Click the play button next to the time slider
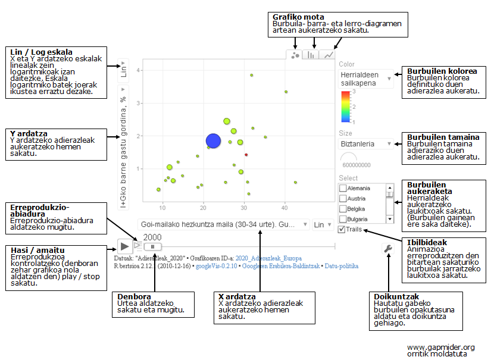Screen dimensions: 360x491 (124, 245)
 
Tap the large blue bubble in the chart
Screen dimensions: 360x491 (213, 140)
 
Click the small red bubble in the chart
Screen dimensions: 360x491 (246, 155)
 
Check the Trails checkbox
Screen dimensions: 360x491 (341, 229)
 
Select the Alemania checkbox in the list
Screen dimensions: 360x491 (342, 188)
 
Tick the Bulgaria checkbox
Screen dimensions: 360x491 (342, 219)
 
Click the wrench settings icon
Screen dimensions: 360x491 (389, 249)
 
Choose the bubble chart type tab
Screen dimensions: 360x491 (295, 55)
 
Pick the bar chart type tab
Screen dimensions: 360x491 (311, 55)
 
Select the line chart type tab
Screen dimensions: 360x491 (328, 55)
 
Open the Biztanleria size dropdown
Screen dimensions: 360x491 (365, 143)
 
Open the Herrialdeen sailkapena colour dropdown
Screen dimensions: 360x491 (365, 80)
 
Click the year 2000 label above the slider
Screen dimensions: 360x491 (152, 237)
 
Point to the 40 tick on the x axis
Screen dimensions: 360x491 (284, 206)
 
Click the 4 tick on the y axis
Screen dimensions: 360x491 (138, 70)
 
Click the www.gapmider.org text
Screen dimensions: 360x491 (440, 347)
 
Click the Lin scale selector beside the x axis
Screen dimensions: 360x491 (321, 224)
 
